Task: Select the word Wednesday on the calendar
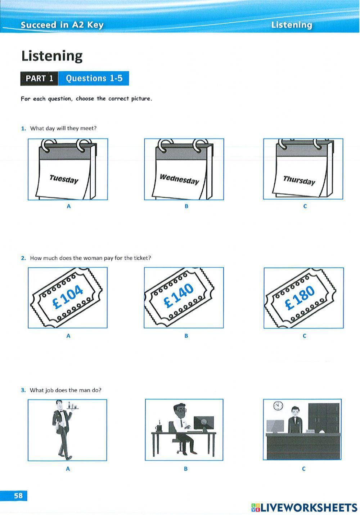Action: pos(179,179)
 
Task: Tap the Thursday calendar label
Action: pos(299,180)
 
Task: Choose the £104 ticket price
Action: pos(67,297)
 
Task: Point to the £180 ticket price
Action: pos(299,298)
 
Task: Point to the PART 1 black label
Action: pos(39,79)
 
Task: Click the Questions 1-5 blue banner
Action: pos(94,79)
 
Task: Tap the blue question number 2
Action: pos(23,258)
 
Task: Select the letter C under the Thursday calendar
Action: pos(305,206)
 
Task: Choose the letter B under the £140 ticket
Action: pos(186,336)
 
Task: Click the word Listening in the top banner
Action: pos(292,25)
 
